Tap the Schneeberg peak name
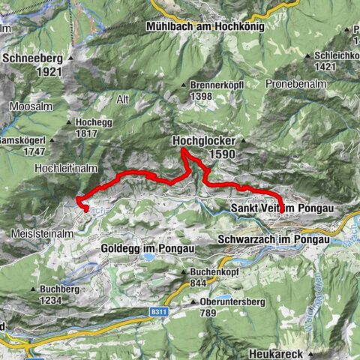point(31,56)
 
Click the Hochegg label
point(92,121)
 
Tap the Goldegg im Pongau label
point(148,247)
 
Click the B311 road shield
point(156,307)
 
